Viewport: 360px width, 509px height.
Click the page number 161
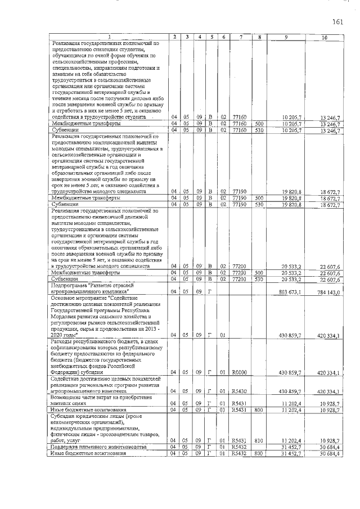pos(337,22)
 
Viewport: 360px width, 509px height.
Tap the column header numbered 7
pos(240,38)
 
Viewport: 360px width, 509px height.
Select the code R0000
pos(240,372)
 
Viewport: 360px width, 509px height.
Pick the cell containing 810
pos(259,440)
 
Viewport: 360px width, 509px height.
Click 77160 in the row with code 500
pos(240,124)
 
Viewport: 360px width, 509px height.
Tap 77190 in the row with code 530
pos(240,205)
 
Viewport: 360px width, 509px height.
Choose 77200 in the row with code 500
pos(240,272)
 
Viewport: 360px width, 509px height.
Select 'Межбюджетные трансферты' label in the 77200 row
pos(85,272)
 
